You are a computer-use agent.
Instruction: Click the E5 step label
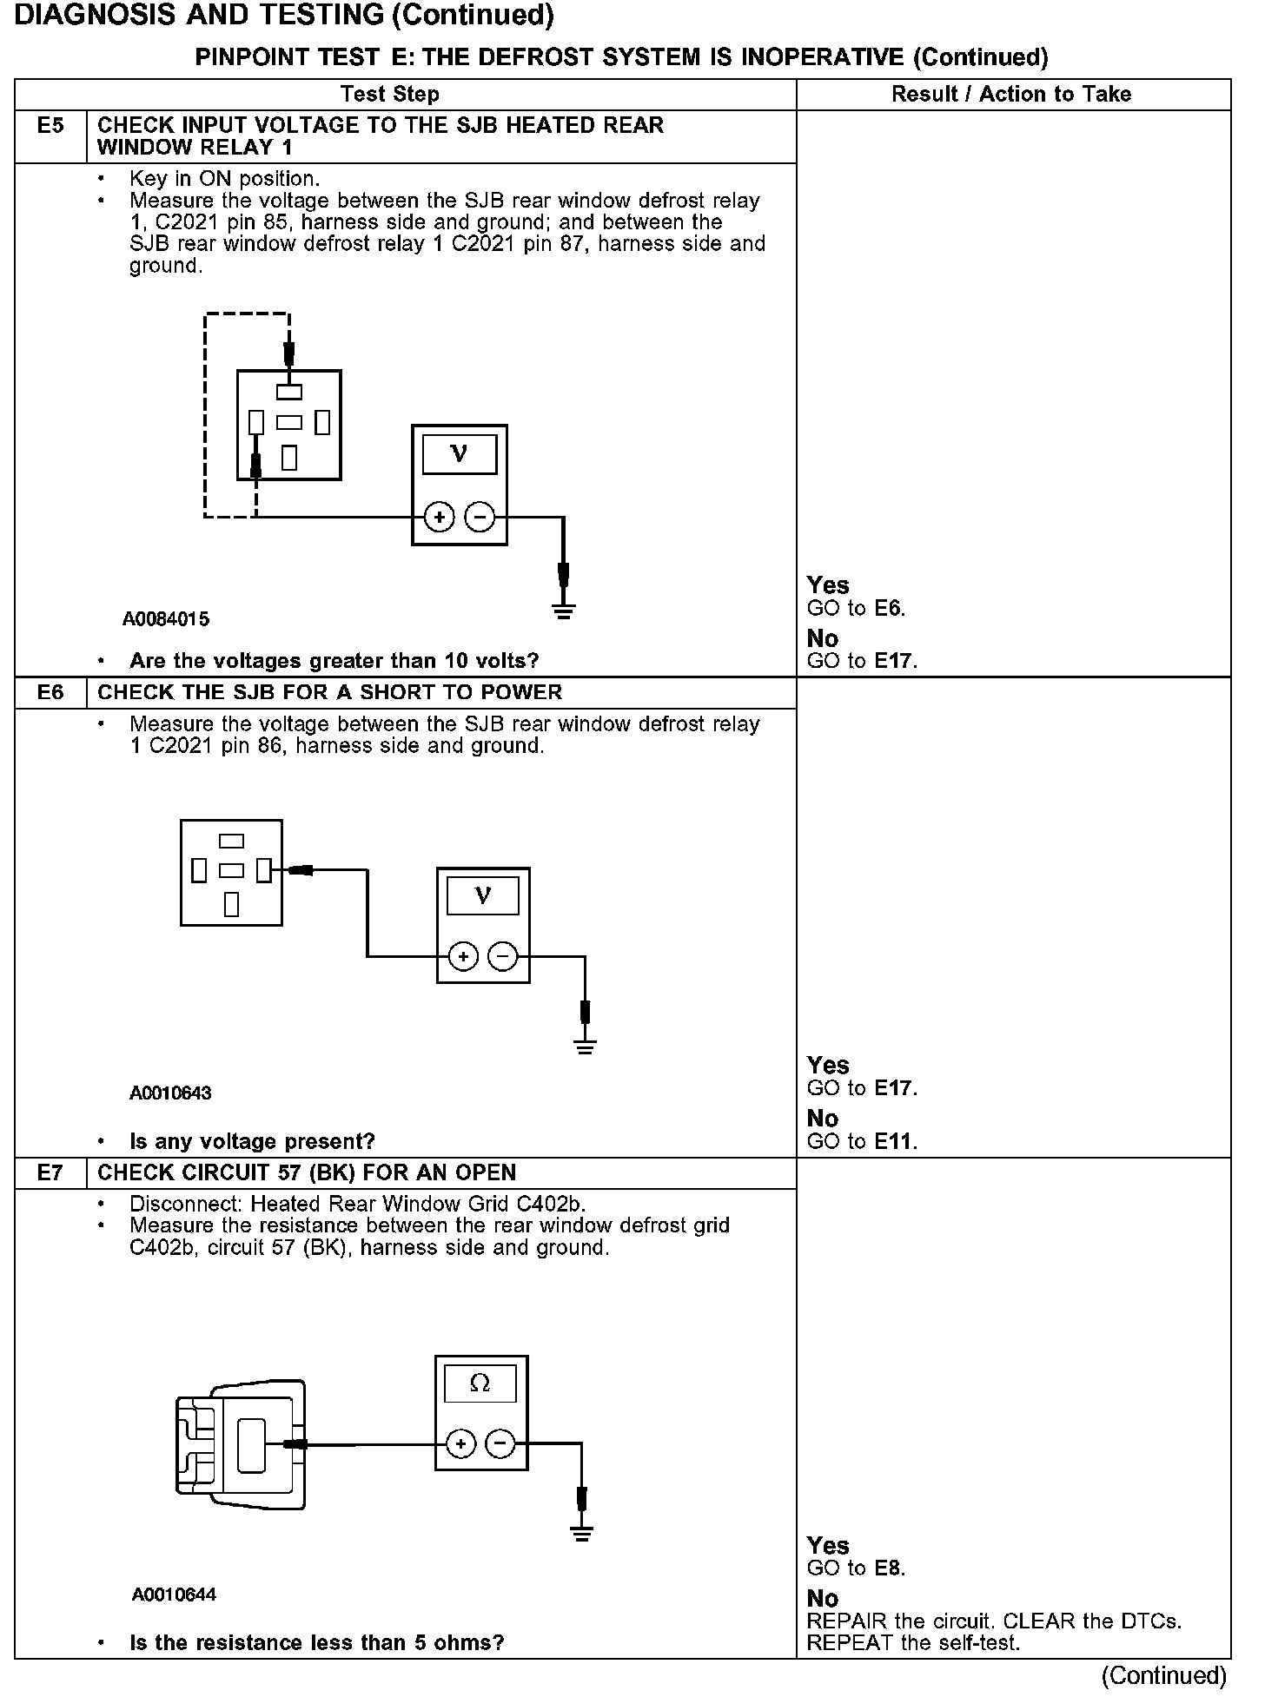point(50,126)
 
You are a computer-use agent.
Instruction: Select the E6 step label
point(50,693)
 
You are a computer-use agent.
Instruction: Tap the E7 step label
point(50,1173)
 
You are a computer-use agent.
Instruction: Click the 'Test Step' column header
point(390,94)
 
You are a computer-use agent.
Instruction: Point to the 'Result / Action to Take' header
point(1011,94)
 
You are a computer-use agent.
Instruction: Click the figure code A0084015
point(166,619)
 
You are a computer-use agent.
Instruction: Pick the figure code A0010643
point(170,1093)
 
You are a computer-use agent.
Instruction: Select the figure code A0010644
point(174,1595)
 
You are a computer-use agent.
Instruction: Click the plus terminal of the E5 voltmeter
point(440,518)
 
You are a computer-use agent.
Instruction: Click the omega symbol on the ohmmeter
point(480,1383)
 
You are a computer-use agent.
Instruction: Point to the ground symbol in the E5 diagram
point(564,611)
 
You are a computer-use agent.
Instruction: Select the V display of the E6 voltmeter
point(483,895)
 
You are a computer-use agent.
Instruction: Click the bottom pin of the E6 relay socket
point(231,904)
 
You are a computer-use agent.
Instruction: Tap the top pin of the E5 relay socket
point(289,392)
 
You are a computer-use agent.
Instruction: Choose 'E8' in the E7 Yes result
point(888,1568)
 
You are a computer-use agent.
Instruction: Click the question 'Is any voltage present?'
point(252,1141)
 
